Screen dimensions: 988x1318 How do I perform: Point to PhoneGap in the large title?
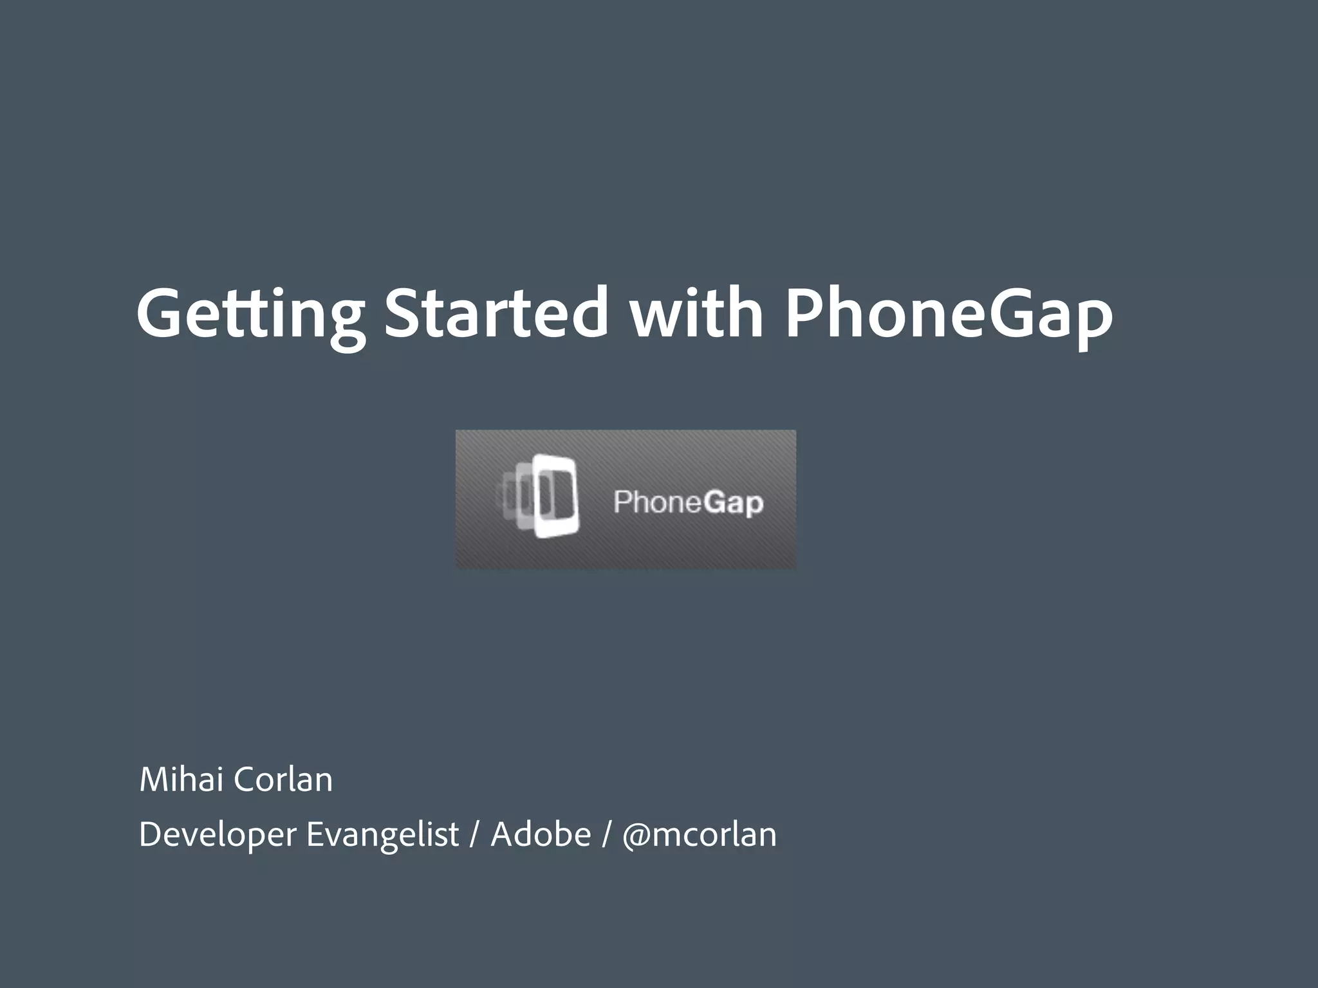pos(949,314)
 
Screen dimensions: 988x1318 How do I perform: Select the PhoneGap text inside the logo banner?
pos(688,502)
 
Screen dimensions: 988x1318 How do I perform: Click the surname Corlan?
pos(283,780)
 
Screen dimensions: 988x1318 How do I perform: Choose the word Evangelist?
pos(382,835)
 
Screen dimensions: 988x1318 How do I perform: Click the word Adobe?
pos(541,834)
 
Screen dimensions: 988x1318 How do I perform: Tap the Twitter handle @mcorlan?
pos(700,835)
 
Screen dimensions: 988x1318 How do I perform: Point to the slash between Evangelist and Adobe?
pos(475,835)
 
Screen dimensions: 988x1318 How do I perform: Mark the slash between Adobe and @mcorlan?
pos(606,835)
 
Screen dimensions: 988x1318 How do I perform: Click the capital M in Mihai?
pos(154,780)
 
